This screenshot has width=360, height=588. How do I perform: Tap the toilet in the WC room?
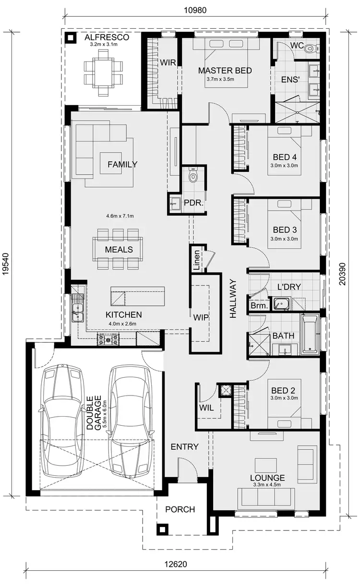[310, 48]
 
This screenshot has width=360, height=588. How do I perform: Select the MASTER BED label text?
[225, 71]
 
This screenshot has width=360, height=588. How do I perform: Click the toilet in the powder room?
[193, 176]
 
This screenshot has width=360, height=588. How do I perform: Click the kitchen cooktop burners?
[109, 339]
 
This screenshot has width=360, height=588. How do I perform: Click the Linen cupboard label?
[196, 257]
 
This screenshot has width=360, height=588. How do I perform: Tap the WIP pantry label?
[201, 317]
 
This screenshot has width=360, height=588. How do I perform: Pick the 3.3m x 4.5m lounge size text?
[267, 485]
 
